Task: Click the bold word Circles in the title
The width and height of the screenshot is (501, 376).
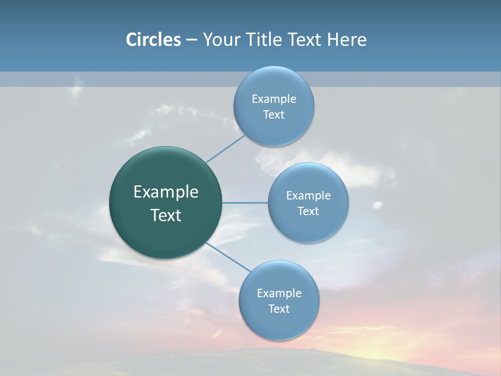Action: pyautogui.click(x=153, y=40)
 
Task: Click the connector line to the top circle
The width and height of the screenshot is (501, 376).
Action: pyautogui.click(x=225, y=149)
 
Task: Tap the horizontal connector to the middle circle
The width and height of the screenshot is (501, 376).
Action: pyautogui.click(x=245, y=203)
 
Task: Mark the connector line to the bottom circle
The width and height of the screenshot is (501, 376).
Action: pyautogui.click(x=229, y=257)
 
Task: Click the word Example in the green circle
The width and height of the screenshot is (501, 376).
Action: pyautogui.click(x=166, y=192)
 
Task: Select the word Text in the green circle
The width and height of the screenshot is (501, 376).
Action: pyautogui.click(x=166, y=215)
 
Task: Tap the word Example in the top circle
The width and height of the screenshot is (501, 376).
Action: pyautogui.click(x=274, y=99)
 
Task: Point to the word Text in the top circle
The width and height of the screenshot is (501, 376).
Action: pyautogui.click(x=273, y=115)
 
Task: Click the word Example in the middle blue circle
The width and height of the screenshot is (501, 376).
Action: pyautogui.click(x=308, y=195)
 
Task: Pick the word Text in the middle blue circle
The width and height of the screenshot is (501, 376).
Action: pyautogui.click(x=308, y=211)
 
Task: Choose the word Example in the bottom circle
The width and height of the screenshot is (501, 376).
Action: pyautogui.click(x=279, y=293)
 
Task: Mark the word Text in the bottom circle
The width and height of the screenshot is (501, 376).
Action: pyautogui.click(x=279, y=309)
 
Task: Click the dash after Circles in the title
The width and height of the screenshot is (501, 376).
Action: pyautogui.click(x=191, y=40)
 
